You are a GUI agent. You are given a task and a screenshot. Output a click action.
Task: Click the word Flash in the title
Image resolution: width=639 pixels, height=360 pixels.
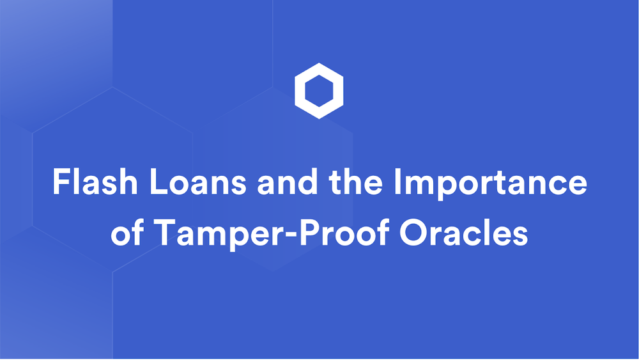point(95,182)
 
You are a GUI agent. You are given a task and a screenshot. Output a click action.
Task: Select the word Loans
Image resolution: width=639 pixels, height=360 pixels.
point(198,182)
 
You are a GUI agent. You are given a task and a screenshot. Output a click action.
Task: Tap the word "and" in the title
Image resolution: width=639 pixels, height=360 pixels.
point(288,182)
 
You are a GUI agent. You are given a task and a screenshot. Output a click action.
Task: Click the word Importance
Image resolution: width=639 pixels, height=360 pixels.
point(490,184)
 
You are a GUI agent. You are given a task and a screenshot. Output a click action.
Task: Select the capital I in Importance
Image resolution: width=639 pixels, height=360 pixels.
point(397,182)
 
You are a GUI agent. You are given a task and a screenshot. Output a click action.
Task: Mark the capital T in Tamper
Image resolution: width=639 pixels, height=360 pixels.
point(166,233)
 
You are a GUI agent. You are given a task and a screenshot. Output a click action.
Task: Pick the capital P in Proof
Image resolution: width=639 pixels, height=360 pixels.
point(309,233)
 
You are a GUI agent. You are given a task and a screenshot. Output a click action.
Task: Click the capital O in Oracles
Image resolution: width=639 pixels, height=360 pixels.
point(413,233)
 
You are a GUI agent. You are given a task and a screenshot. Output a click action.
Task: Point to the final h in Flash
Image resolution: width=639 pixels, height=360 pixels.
point(128,182)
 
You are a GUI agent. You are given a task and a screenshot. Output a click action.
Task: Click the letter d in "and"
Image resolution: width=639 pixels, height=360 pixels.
point(308,182)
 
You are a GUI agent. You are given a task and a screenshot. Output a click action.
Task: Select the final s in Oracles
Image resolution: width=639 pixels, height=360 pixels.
point(520,236)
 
